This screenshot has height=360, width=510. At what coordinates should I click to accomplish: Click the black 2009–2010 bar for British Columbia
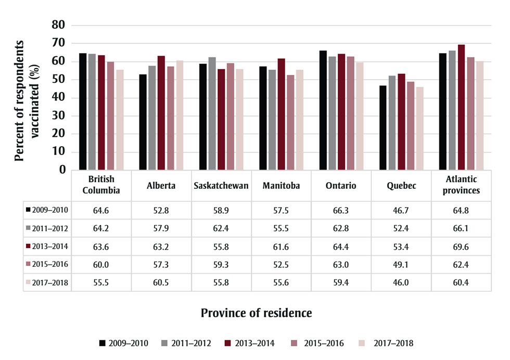[82, 111]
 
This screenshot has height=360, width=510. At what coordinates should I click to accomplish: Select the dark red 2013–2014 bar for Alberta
[161, 112]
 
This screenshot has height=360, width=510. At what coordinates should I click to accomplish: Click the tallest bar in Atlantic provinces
[461, 107]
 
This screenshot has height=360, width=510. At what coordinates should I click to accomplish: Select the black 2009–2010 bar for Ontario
[323, 110]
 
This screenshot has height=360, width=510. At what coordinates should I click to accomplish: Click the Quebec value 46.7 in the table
[401, 210]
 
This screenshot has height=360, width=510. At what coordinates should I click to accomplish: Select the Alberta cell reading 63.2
[161, 246]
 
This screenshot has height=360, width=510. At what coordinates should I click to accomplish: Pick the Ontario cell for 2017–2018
[341, 282]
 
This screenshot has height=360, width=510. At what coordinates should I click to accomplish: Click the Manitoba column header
[281, 186]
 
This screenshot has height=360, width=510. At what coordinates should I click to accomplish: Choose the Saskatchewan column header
[221, 186]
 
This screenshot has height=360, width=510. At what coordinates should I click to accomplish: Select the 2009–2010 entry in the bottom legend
[124, 343]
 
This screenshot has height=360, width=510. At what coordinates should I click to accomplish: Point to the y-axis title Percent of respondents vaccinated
[27, 97]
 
